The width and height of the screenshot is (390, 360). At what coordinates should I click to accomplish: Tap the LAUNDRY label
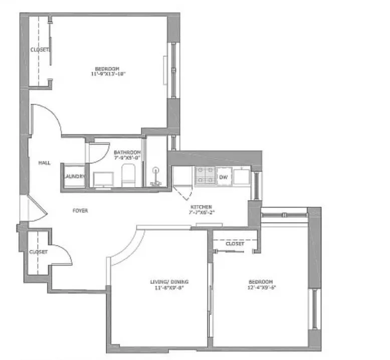tap(74, 176)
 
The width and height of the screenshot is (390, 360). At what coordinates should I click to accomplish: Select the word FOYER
tap(80, 211)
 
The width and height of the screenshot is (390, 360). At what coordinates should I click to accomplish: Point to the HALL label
tap(44, 163)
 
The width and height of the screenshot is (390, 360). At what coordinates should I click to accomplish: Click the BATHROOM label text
tap(127, 152)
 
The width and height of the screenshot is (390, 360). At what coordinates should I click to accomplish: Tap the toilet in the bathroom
tap(128, 175)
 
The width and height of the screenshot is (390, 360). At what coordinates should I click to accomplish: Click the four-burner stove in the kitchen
tap(205, 176)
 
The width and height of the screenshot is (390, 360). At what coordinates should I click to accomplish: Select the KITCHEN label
tap(201, 207)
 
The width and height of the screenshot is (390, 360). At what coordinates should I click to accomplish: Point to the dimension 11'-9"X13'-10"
tap(108, 74)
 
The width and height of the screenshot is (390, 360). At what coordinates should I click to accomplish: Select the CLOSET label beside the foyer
tap(38, 252)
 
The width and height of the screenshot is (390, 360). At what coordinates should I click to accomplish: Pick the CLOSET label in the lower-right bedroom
tap(235, 244)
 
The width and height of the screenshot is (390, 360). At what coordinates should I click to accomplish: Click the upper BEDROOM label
tap(107, 68)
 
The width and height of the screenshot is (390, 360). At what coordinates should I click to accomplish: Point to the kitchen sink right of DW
tap(241, 176)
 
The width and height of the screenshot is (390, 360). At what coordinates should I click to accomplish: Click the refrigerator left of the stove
tap(182, 176)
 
